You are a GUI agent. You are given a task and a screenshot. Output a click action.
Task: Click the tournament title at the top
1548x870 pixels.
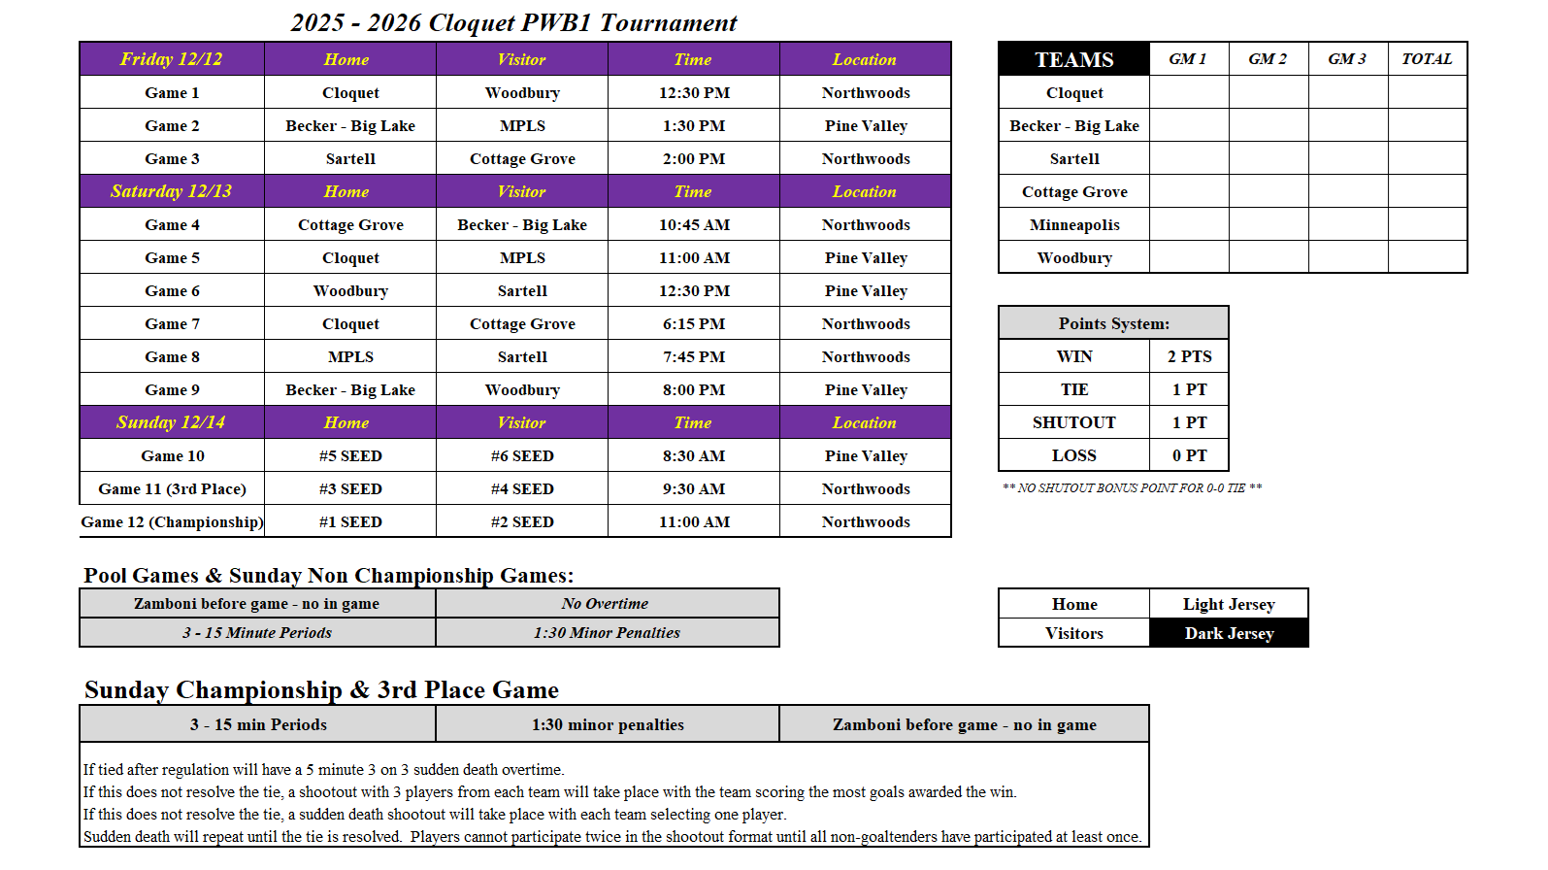point(513,22)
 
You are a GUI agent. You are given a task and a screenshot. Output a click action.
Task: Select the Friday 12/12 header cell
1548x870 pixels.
point(171,59)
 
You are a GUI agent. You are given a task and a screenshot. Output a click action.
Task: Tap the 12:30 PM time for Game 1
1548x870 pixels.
point(694,93)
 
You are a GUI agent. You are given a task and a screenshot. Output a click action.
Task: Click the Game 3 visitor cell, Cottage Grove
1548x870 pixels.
point(522,159)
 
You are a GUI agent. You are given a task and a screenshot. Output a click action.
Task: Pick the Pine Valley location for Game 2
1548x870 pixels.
point(866,126)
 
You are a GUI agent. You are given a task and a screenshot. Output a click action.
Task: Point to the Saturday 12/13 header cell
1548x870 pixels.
point(171,191)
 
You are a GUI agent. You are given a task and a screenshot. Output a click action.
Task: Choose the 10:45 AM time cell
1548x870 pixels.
point(694,225)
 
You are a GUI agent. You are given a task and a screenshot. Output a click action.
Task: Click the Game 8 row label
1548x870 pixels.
point(172,357)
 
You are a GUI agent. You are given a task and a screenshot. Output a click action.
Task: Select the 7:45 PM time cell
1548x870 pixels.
point(694,357)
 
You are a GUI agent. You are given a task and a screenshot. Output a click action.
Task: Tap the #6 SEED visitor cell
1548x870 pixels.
point(522,456)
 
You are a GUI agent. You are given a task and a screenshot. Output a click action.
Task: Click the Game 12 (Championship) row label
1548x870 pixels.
point(172,522)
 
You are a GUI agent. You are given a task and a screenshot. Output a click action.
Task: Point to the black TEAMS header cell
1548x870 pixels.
point(1073,59)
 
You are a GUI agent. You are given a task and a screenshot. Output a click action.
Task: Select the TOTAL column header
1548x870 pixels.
point(1427,59)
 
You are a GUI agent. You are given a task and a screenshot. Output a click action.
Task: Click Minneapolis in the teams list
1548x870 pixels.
point(1074,225)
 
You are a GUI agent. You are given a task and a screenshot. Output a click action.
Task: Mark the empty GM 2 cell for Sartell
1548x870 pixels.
point(1268,159)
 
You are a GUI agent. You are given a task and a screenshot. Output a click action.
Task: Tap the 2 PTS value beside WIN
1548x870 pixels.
point(1189,357)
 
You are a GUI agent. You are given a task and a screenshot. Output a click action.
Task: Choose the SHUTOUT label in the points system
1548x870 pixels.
point(1073,423)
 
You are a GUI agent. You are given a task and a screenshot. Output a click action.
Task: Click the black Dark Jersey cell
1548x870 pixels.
point(1229,633)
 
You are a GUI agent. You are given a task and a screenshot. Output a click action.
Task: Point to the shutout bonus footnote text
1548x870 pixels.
point(1132,488)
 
